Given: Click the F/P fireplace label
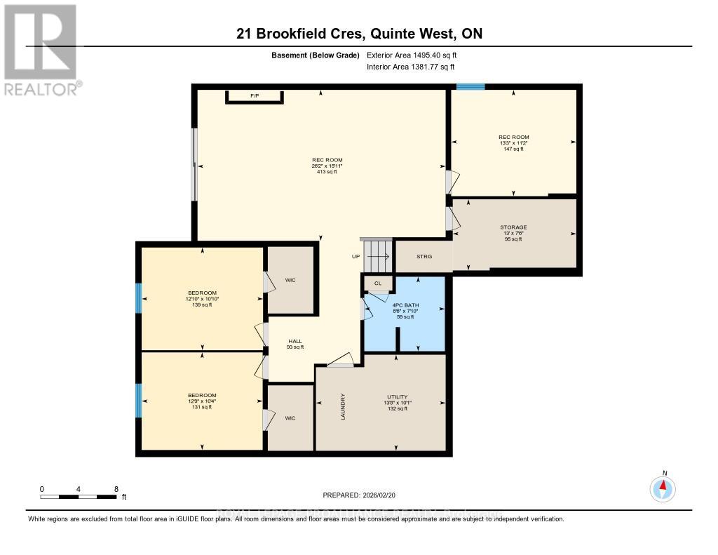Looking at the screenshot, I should tap(255, 95).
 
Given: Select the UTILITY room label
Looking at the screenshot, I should tap(397, 396).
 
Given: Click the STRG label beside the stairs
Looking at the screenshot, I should tap(424, 257).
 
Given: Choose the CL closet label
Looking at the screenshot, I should tap(378, 283).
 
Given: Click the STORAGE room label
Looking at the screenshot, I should tap(513, 227).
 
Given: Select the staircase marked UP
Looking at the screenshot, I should tap(379, 256).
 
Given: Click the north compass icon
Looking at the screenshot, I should tap(663, 488).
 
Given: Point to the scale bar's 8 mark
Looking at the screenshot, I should tap(116, 488).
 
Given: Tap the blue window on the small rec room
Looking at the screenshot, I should tap(470, 87).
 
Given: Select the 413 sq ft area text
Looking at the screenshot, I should tap(327, 171).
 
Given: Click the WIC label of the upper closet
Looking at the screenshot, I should tap(290, 280).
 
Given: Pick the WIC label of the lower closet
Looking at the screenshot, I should tap(290, 418).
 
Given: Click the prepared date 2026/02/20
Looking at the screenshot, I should tap(359, 495).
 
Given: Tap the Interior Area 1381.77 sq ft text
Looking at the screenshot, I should tap(411, 67).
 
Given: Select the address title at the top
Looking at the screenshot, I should tap(359, 34).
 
